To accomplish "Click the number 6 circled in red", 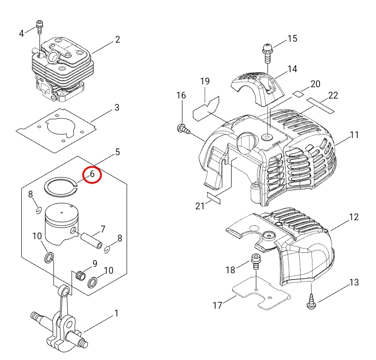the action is click(x=92, y=174).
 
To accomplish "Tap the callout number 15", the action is click(x=292, y=39).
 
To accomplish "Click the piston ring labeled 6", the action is click(x=61, y=187).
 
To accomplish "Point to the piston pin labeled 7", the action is click(x=92, y=241).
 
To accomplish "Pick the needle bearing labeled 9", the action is click(x=81, y=276).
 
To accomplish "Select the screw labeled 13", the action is click(x=312, y=301).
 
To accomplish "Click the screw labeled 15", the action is click(x=267, y=53).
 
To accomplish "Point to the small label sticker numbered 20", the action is click(x=298, y=94).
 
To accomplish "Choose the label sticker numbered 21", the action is click(x=214, y=198).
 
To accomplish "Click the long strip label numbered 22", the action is click(x=320, y=106).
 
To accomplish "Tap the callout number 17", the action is click(x=218, y=306).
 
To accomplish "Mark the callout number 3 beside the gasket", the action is click(x=117, y=108).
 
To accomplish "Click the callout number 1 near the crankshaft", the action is click(x=116, y=313).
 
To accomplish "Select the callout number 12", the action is click(x=354, y=217).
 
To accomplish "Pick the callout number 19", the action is click(x=205, y=81).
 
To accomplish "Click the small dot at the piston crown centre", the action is click(x=62, y=212).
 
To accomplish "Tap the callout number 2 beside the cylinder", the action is click(x=118, y=39).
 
